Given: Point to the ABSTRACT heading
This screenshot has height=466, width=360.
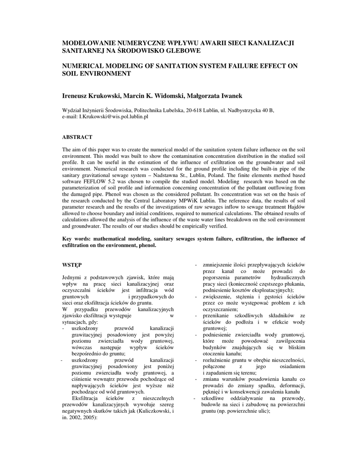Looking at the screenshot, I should tap(77, 137).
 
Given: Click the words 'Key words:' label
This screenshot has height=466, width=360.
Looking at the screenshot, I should tap(76, 238).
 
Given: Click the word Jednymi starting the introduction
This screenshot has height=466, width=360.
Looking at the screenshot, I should tap(72, 277).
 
